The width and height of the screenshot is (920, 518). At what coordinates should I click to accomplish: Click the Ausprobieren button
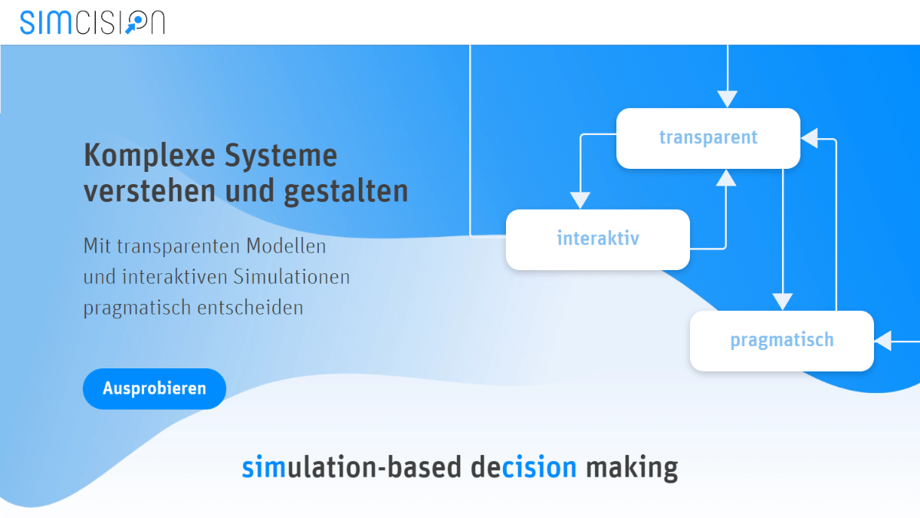click(154, 388)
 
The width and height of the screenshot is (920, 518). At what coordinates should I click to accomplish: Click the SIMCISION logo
click(93, 22)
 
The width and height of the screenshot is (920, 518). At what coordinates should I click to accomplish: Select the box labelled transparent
click(708, 138)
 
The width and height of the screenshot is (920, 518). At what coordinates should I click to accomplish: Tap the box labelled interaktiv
click(597, 239)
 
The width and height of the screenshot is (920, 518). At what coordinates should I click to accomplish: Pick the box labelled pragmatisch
click(781, 341)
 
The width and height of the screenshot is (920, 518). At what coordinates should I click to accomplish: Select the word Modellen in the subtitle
click(286, 247)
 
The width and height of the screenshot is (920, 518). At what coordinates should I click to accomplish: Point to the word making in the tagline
click(631, 467)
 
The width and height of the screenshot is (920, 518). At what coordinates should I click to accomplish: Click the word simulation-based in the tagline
click(352, 467)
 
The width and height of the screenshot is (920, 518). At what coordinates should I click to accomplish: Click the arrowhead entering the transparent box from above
click(727, 99)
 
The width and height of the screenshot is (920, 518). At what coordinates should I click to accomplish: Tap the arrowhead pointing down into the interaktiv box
click(581, 200)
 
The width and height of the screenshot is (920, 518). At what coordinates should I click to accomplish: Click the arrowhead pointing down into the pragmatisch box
click(782, 302)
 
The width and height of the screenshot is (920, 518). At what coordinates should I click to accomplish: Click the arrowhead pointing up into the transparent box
click(726, 177)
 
